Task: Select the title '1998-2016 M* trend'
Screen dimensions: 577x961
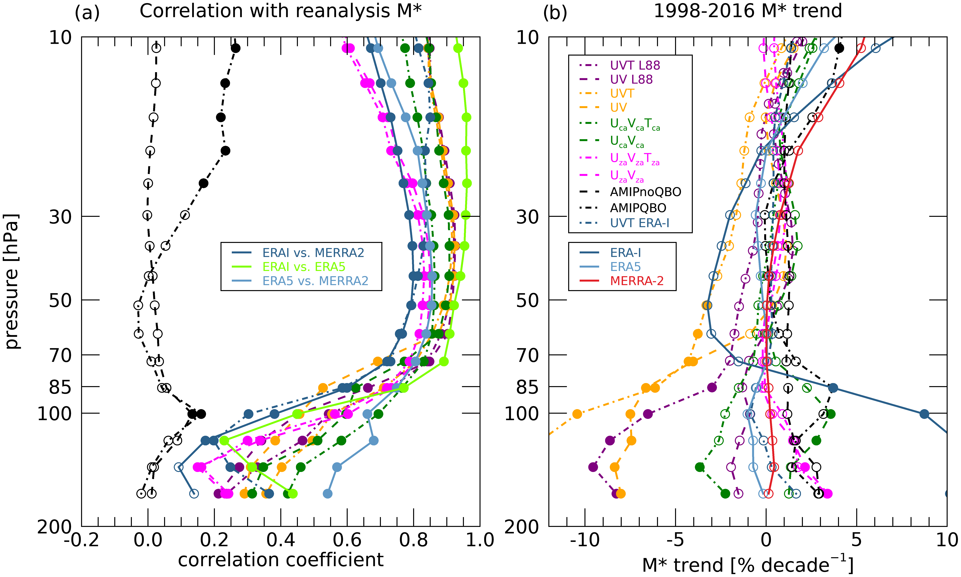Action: [x=747, y=11]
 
